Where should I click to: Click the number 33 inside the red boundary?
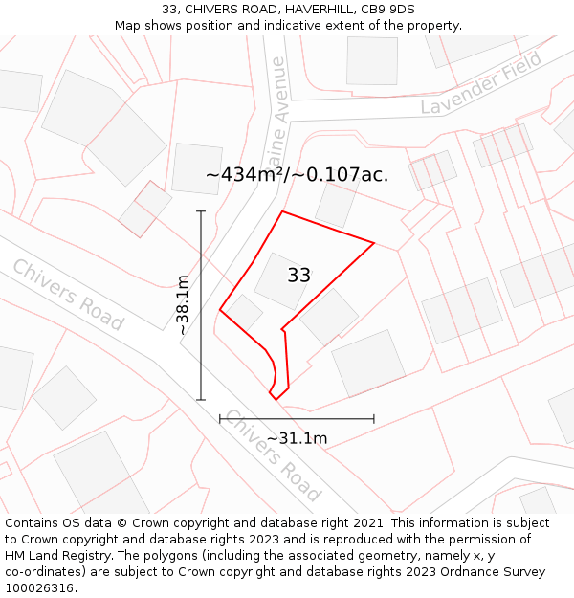click(298, 276)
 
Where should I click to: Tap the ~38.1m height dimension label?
click(183, 304)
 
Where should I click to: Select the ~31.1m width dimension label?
click(297, 438)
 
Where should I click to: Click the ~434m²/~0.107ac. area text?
click(297, 174)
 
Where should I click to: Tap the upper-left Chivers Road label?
click(68, 295)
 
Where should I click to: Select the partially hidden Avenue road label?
click(277, 100)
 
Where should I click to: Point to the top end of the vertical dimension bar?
click(201, 211)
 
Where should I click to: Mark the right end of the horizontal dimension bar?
click(373, 418)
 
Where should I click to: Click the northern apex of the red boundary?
click(282, 211)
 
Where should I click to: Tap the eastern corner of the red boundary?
click(373, 242)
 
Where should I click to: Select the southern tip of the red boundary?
click(275, 398)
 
